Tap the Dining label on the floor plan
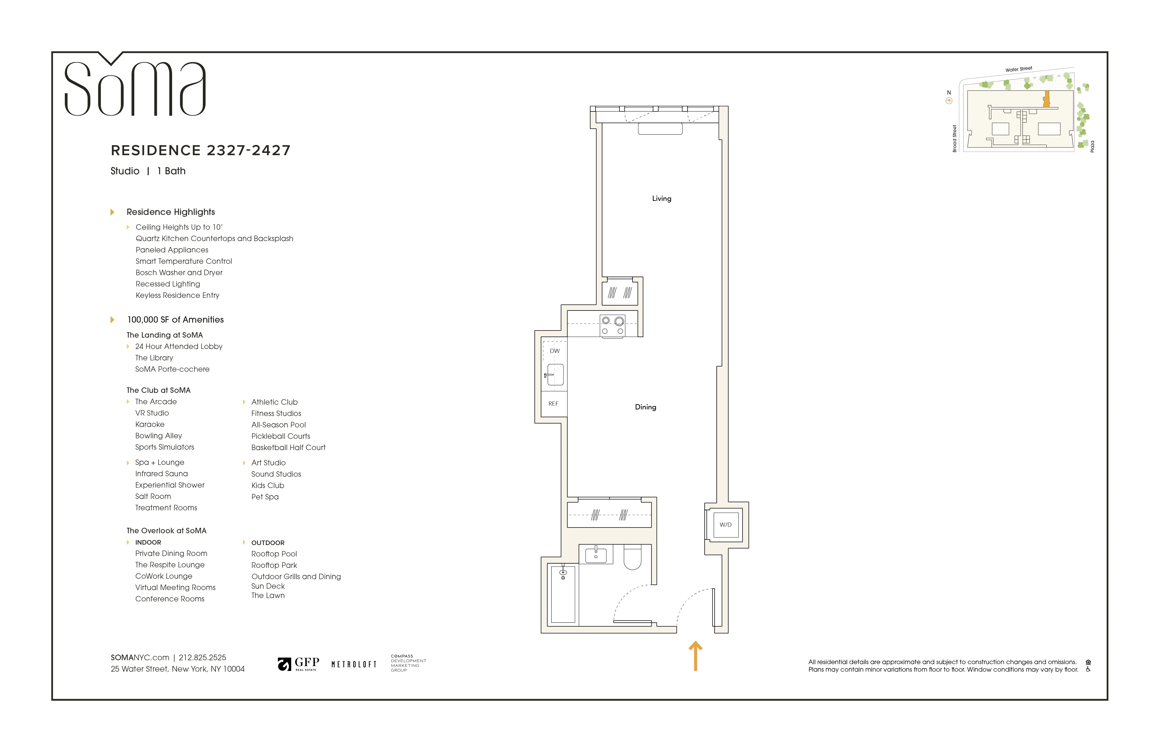[x=645, y=407]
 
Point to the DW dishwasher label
[x=555, y=351]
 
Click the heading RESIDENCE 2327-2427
[x=200, y=150]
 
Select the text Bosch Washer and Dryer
[x=179, y=273]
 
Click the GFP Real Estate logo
[x=298, y=664]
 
